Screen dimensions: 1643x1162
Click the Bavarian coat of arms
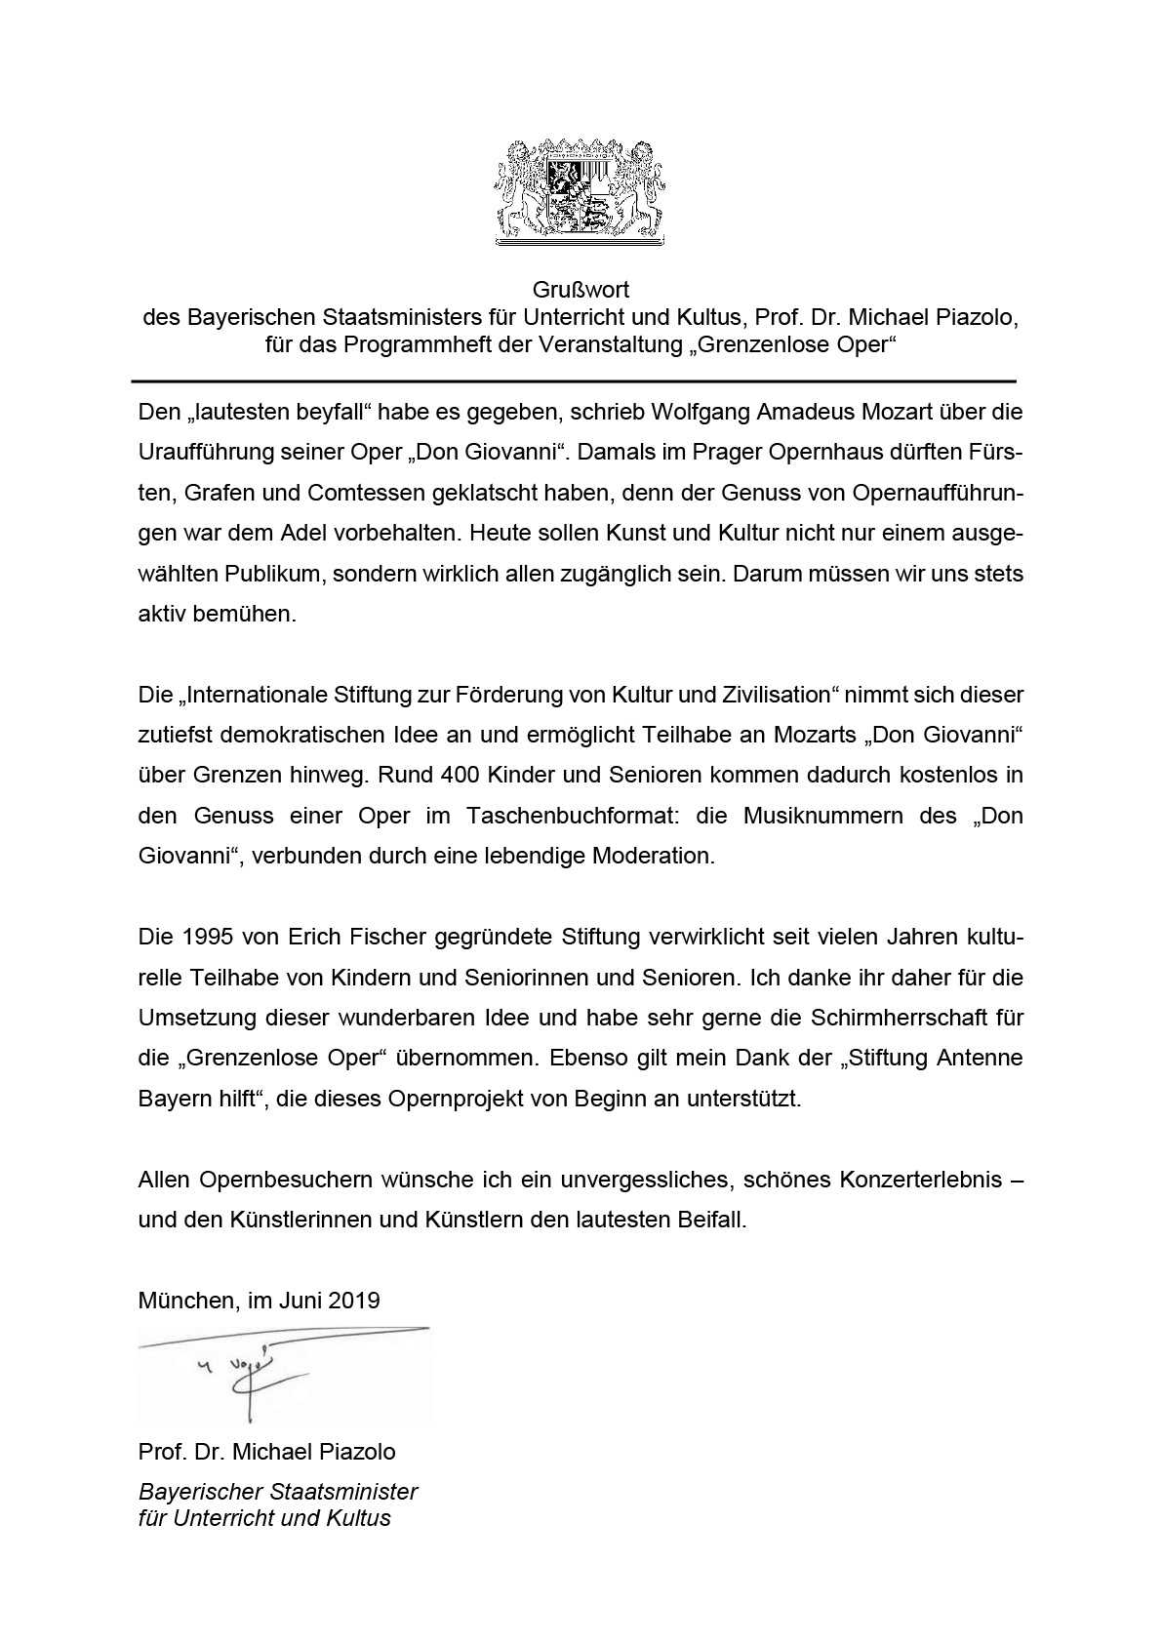point(581,190)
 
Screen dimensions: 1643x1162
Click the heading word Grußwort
point(581,290)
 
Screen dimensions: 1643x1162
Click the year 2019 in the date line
point(354,1300)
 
